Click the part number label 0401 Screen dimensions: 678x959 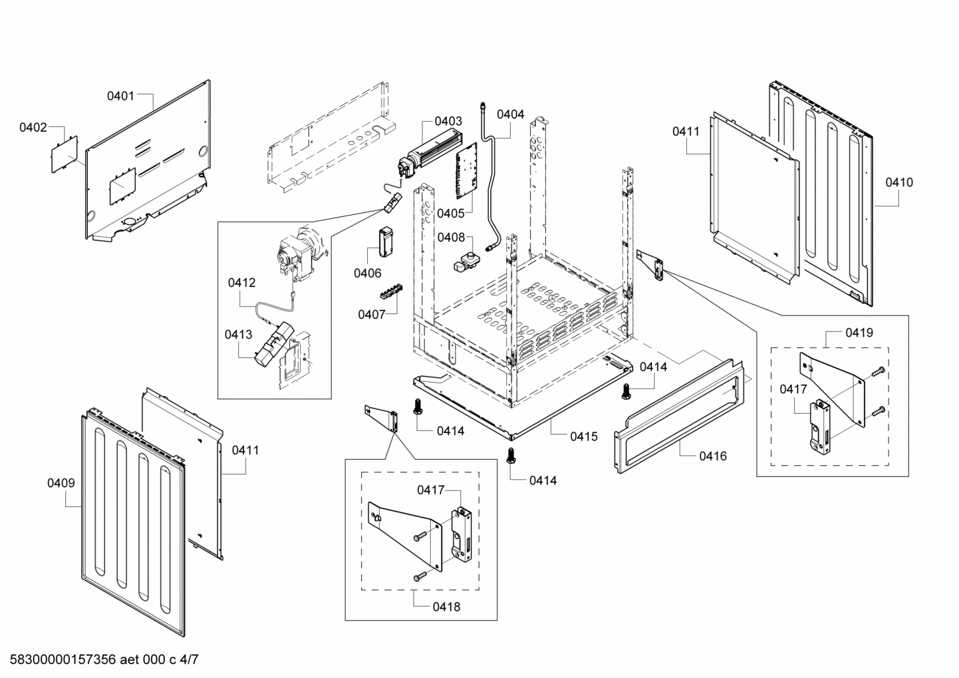(120, 96)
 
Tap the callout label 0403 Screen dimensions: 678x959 (448, 121)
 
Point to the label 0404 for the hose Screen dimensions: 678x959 (510, 114)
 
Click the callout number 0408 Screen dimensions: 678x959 (451, 238)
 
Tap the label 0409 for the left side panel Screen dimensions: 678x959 (61, 483)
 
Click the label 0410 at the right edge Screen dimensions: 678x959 (899, 182)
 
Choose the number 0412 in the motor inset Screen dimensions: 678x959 (241, 283)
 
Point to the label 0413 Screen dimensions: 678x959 (238, 334)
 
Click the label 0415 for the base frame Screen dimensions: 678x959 (583, 436)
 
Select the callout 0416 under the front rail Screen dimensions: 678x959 (712, 456)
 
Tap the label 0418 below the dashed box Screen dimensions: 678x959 (446, 606)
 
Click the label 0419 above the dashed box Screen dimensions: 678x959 (859, 332)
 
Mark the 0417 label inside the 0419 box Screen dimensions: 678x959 (793, 389)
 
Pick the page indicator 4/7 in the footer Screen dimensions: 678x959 (189, 660)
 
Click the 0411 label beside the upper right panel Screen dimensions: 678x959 (686, 132)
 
